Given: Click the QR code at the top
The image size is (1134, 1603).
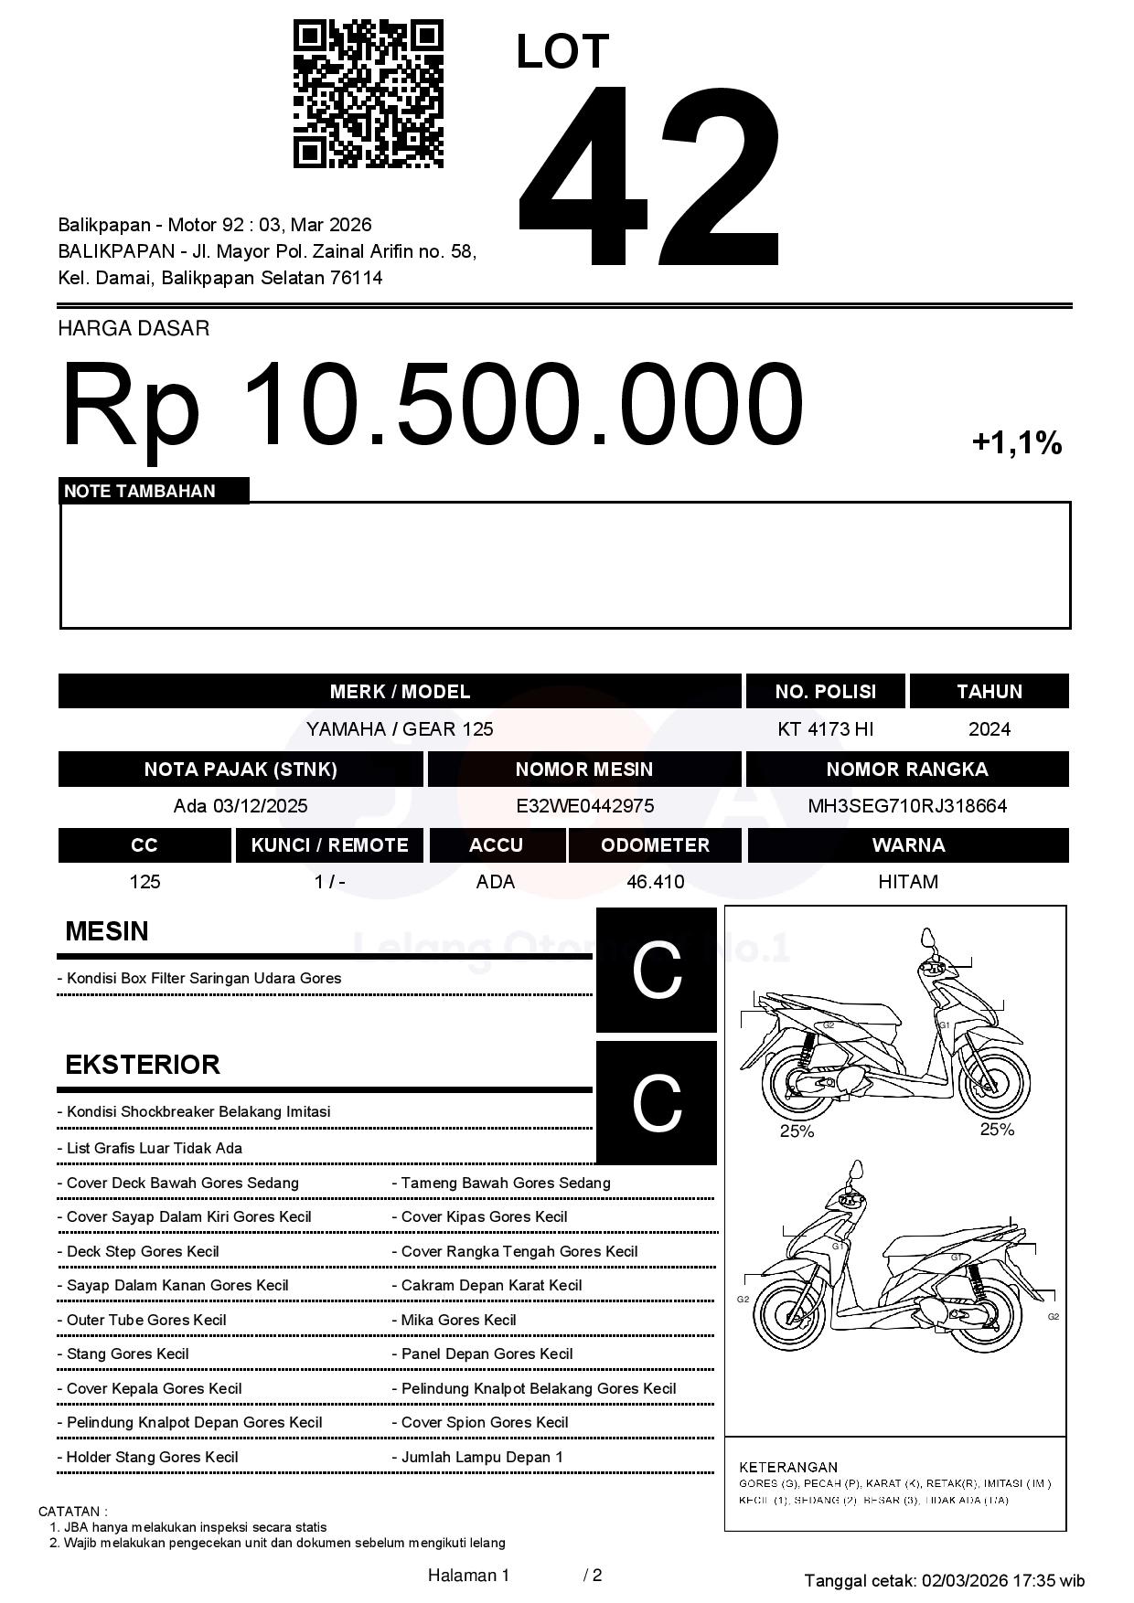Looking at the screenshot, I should [368, 94].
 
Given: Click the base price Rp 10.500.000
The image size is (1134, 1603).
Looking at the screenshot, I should [432, 405].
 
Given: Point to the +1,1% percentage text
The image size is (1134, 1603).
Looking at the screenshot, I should [1016, 443].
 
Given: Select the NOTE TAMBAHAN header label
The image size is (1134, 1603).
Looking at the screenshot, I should [140, 491].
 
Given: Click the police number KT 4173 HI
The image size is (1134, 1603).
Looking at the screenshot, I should [825, 729].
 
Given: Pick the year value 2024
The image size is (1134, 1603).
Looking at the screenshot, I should [989, 729].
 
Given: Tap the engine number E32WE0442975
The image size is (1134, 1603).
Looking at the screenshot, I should [584, 806].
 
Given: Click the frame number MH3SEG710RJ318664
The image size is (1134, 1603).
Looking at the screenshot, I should [907, 806].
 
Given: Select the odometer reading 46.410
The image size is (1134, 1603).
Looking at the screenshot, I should [655, 882].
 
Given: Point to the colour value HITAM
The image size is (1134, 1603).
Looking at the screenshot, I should [907, 882].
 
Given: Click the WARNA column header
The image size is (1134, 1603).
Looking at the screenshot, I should [907, 845].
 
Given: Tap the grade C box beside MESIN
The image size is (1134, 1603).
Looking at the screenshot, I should [657, 970].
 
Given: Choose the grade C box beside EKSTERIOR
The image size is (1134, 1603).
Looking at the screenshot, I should [657, 1103].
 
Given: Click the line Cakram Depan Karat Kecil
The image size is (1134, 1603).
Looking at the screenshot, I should [491, 1286].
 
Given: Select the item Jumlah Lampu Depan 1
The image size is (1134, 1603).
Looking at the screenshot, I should [482, 1458].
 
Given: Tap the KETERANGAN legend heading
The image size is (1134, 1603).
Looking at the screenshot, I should [787, 1467].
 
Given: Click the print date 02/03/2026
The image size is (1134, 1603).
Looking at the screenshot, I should [964, 1580].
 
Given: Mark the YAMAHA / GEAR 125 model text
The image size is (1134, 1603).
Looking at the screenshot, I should [400, 729].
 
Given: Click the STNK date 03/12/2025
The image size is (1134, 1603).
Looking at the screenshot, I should [260, 806].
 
